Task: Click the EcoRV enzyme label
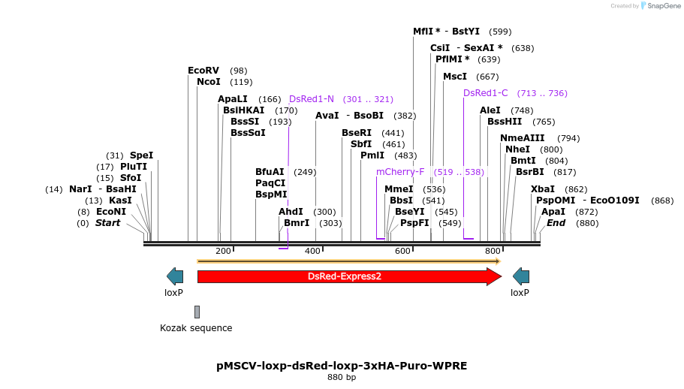(203, 71)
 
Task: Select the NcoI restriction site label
(209, 82)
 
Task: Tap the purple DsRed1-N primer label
(312, 99)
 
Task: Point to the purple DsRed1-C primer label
(486, 93)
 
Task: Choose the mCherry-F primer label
(400, 172)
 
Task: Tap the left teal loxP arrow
(175, 276)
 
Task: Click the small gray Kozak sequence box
(197, 312)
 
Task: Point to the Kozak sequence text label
(196, 328)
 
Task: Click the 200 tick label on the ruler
(223, 251)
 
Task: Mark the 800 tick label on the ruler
(493, 251)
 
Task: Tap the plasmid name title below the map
(342, 366)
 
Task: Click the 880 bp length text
(342, 377)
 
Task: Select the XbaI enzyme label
(543, 189)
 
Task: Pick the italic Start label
(107, 223)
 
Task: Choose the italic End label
(556, 223)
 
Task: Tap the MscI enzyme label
(455, 77)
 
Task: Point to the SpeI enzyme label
(141, 155)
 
